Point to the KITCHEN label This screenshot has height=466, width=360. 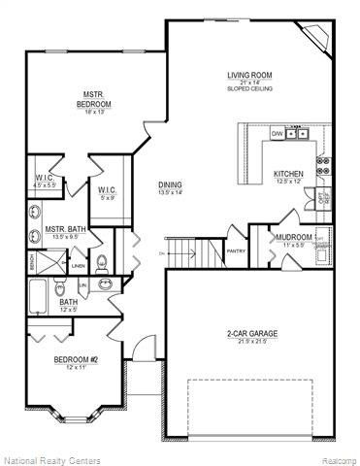[x=289, y=174]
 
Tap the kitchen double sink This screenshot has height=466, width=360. [x=301, y=135]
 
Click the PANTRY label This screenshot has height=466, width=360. [x=237, y=250]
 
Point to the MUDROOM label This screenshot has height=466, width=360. [x=292, y=237]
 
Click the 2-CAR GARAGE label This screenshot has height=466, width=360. [x=252, y=334]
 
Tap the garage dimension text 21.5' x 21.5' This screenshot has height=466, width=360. [x=252, y=343]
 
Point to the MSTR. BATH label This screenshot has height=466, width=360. [x=66, y=230]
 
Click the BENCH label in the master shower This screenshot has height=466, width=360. [x=31, y=262]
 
